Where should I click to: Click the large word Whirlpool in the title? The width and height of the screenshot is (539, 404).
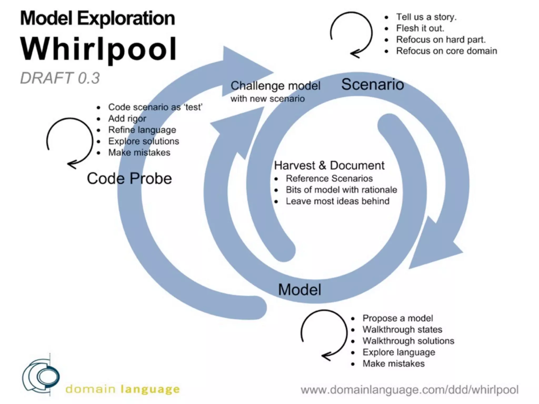[x=98, y=49]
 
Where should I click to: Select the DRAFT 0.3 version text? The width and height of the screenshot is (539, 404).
[x=60, y=78]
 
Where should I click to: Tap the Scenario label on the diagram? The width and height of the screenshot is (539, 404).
[x=372, y=84]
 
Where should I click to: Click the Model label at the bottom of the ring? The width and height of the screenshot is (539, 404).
[x=300, y=290]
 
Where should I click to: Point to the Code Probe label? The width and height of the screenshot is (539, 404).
[x=129, y=178]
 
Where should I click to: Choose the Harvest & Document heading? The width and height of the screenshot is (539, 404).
[x=329, y=165]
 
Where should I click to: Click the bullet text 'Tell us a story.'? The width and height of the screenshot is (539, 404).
[x=426, y=17]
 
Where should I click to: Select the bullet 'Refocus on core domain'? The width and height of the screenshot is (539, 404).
[x=446, y=51]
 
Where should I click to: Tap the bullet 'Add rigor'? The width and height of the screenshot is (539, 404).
[x=127, y=118]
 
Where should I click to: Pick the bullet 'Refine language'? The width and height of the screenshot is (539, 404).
[x=142, y=130]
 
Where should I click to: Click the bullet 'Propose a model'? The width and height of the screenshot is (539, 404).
[x=397, y=318]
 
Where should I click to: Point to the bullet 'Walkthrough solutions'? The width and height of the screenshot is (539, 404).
[x=408, y=341]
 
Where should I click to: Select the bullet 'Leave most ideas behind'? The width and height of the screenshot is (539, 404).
[x=337, y=201]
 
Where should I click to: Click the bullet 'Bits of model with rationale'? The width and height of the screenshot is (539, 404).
[x=341, y=190]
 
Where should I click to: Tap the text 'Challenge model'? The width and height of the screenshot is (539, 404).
[x=275, y=86]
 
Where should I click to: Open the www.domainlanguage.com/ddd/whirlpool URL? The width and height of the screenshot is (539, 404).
[x=410, y=390]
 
